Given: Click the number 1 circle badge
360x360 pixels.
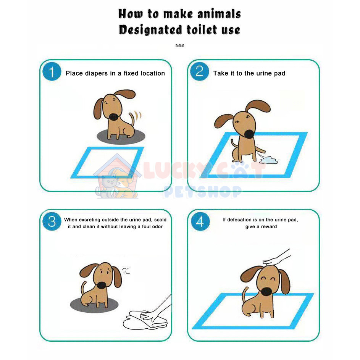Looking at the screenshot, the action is click(52, 71).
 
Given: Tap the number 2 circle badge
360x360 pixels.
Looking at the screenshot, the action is click(200, 71).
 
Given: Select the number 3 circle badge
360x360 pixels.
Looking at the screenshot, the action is click(52, 221).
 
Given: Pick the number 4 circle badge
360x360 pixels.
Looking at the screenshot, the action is click(200, 221).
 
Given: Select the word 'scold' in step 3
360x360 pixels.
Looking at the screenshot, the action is click(160, 220).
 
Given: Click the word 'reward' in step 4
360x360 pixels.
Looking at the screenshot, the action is click(269, 227).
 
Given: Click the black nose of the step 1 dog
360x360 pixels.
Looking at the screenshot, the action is click(113, 117).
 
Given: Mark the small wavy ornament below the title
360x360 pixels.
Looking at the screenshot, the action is click(180, 45).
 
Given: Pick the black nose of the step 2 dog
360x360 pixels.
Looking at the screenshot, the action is click(249, 134).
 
